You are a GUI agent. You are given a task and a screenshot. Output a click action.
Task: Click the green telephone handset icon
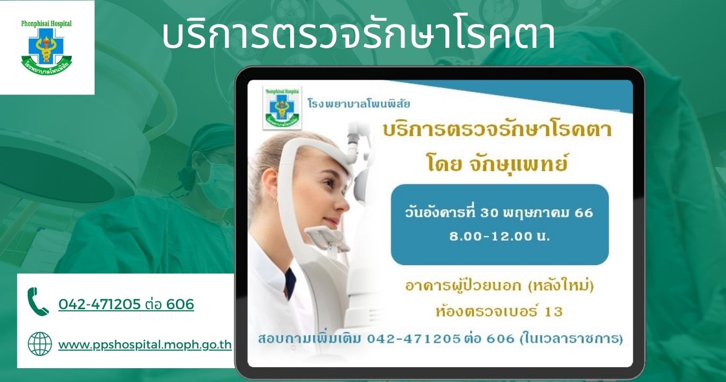[38, 301]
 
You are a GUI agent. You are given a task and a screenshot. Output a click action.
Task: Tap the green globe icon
[40, 344]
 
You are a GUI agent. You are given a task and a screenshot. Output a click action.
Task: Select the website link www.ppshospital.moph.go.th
[145, 345]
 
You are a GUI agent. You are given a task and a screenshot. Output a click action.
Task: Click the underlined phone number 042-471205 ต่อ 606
[126, 304]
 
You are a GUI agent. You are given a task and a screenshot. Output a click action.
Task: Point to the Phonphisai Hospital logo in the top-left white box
[46, 46]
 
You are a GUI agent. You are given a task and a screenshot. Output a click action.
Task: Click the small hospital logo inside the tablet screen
[282, 107]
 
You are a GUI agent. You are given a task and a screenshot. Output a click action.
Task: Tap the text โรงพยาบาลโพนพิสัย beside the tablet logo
[359, 104]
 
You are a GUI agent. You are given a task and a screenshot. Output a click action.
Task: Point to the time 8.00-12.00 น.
[500, 236]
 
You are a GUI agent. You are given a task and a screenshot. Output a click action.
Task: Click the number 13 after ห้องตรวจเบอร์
[554, 312]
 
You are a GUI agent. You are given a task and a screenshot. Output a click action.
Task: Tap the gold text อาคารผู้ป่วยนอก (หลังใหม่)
[499, 286]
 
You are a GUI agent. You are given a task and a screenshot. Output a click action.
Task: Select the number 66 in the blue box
[584, 213]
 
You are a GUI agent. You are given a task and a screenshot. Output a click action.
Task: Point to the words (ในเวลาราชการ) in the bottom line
[571, 339]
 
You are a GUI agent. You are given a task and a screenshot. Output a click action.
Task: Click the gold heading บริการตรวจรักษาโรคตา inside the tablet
[497, 130]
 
